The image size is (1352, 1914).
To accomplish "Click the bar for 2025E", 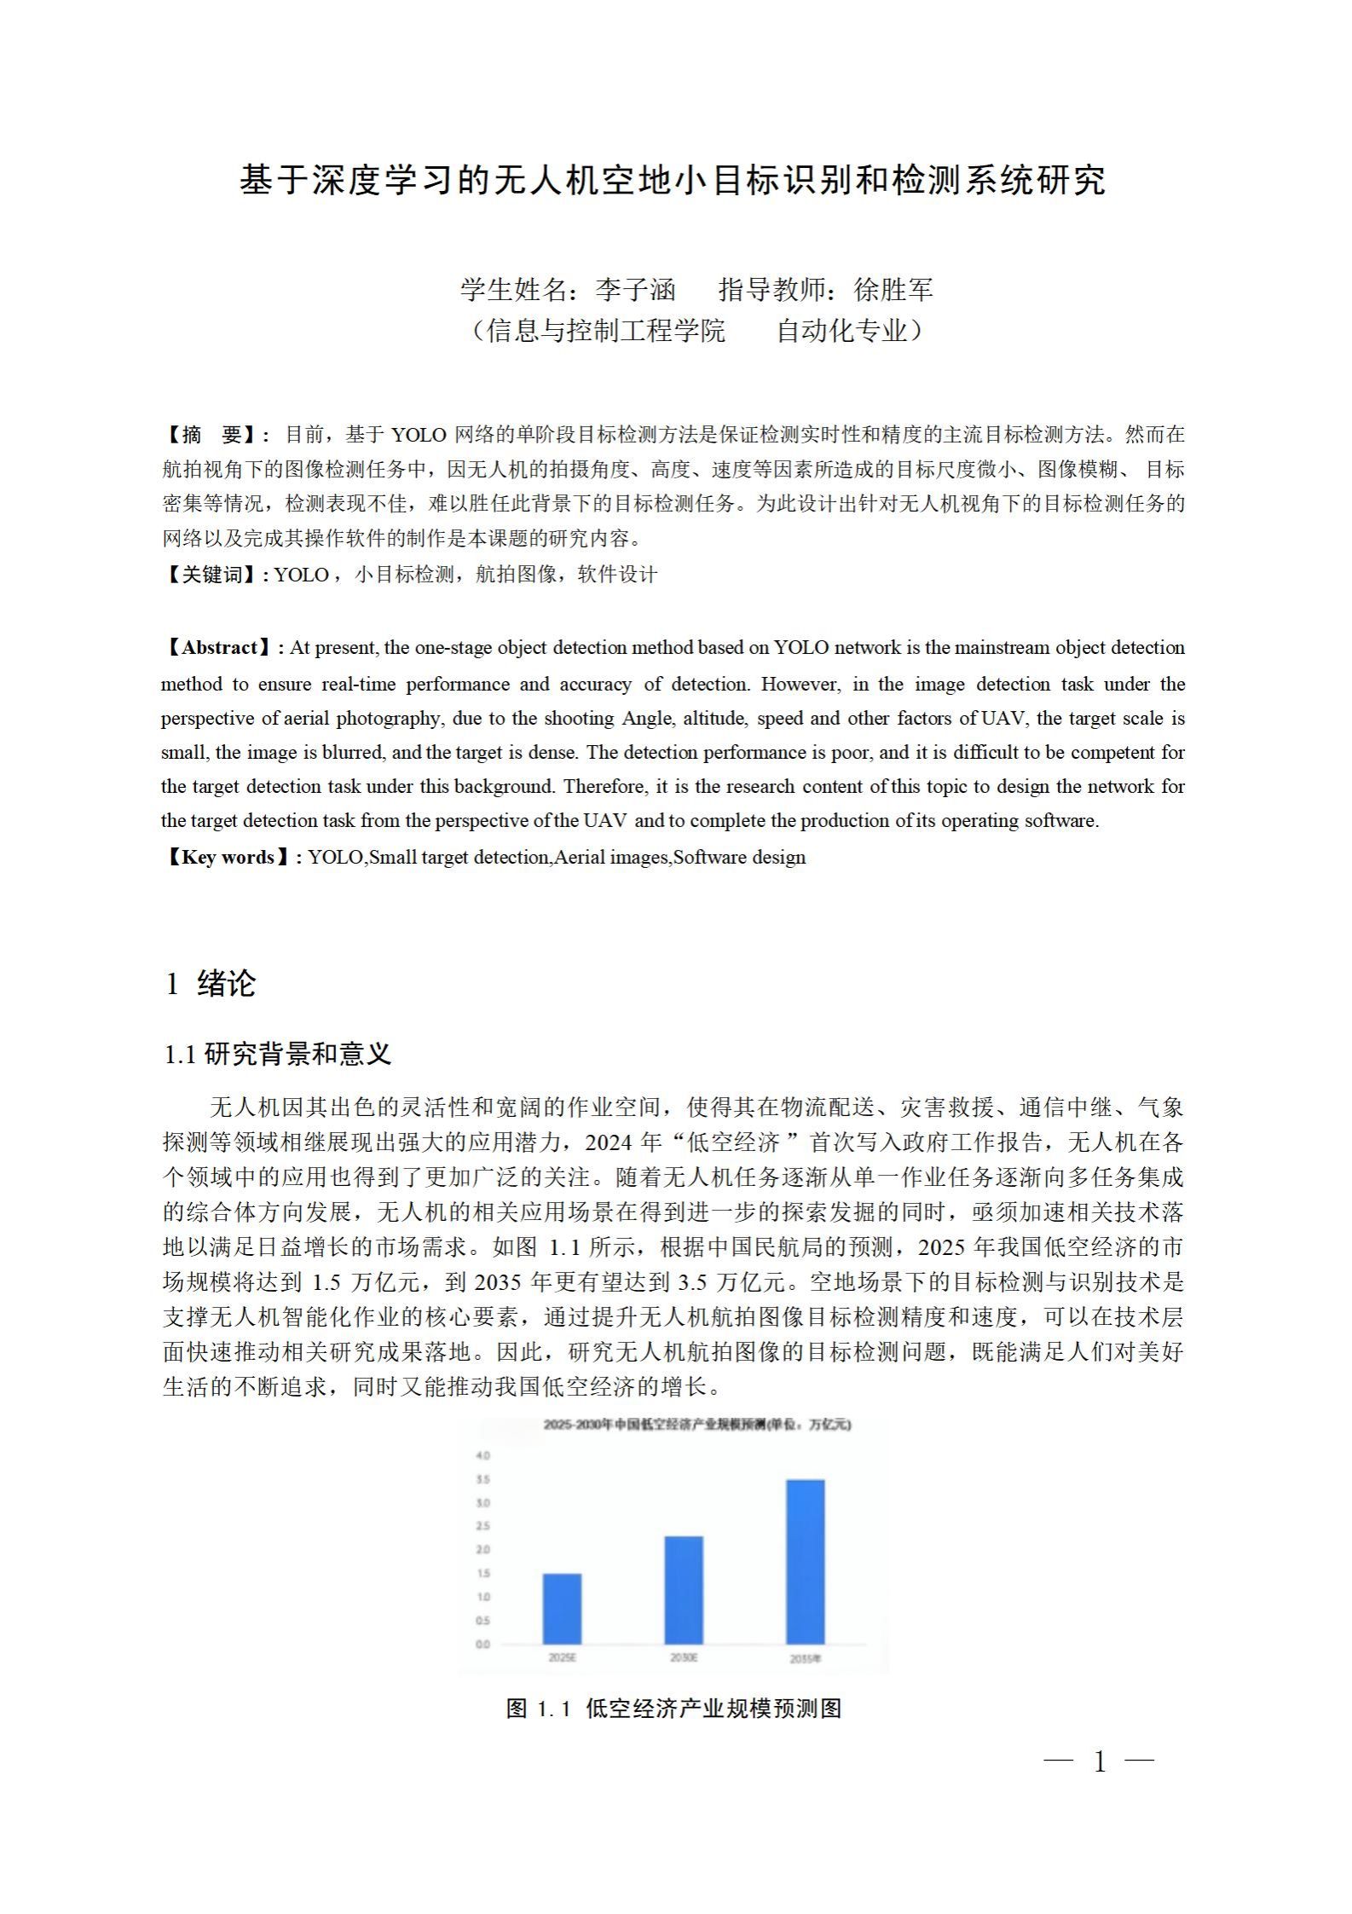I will click(562, 1608).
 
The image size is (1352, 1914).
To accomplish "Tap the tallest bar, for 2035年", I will click(805, 1561).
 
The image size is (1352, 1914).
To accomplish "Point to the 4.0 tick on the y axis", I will click(482, 1454).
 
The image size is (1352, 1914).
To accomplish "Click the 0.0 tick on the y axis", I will click(482, 1644).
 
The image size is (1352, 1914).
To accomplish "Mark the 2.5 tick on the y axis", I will click(482, 1525).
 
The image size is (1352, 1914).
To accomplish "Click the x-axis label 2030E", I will click(684, 1657).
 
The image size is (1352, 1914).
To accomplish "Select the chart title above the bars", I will click(696, 1424).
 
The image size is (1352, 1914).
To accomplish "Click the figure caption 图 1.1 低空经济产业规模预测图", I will click(673, 1708).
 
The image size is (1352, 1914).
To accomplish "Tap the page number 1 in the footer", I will click(1100, 1761).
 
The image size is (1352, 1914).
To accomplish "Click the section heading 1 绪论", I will click(210, 983).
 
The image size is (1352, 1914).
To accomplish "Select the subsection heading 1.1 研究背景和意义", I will click(277, 1055).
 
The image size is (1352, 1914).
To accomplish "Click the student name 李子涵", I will click(635, 290).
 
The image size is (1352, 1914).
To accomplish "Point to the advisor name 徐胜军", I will click(893, 290).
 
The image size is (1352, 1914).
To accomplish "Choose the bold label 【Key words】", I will click(228, 857).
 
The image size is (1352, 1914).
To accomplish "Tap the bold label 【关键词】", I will click(213, 575).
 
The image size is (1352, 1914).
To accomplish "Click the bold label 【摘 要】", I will click(213, 435).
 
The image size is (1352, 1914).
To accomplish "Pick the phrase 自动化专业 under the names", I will click(841, 331).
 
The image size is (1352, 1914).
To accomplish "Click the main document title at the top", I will click(673, 181).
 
